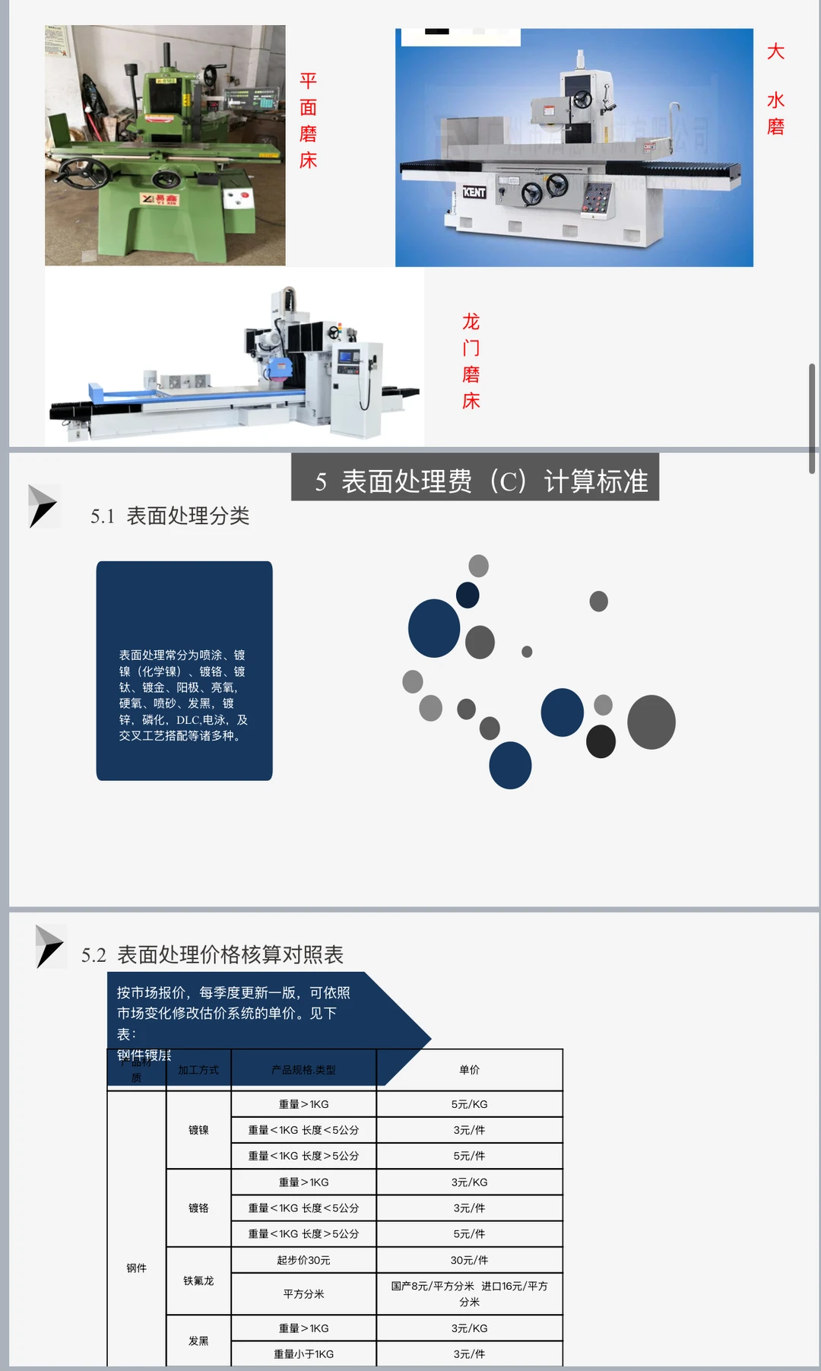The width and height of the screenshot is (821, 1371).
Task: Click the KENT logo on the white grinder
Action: (x=474, y=192)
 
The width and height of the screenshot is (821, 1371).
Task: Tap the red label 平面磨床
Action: (x=308, y=121)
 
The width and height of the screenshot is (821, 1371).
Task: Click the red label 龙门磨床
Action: (x=471, y=361)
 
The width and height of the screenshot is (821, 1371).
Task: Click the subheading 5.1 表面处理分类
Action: (x=170, y=516)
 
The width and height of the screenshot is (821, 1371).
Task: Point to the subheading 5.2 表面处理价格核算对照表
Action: (x=213, y=955)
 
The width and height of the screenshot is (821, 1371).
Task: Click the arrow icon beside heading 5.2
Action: (x=50, y=946)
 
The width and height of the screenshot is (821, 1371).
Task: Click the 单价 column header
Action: (x=469, y=1070)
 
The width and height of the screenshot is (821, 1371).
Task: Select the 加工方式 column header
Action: (x=198, y=1070)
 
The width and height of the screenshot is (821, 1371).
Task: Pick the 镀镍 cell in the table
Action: (x=198, y=1130)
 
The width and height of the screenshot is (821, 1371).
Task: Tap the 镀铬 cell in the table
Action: (x=198, y=1208)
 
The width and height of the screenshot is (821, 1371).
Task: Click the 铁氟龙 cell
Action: (x=198, y=1281)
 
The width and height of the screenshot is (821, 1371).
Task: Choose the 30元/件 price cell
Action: (x=469, y=1260)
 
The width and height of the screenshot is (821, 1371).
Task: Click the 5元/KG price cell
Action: (x=469, y=1104)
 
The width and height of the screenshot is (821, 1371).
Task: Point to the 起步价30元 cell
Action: (x=303, y=1260)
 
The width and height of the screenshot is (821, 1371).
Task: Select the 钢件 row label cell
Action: (x=137, y=1268)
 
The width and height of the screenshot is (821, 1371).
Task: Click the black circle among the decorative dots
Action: (x=601, y=741)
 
